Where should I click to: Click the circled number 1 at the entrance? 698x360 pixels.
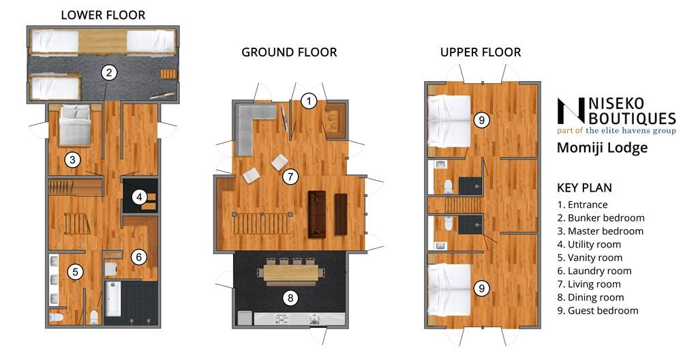pos(309,101)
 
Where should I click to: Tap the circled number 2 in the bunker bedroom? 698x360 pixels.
pos(109,73)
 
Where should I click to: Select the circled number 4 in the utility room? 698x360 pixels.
pos(140,196)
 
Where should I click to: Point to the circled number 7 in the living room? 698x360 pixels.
pos(290,177)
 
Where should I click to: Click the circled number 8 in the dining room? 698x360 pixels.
pos(290,298)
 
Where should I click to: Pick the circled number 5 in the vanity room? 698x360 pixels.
pos(75,272)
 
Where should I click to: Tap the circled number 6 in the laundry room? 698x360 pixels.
pos(139,256)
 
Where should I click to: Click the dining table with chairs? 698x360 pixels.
pos(290,272)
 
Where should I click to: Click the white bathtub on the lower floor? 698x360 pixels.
pos(111,298)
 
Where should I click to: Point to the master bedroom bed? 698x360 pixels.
pos(75,125)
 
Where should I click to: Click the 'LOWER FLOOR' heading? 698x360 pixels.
pos(104,15)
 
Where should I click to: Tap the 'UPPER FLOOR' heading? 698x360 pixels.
pos(481,52)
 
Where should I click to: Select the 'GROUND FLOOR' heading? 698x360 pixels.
pos(289,52)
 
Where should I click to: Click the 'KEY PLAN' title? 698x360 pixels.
pos(584,187)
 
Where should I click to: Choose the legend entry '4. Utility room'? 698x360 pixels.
pos(589,244)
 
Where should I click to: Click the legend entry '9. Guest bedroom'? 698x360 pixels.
pos(597,310)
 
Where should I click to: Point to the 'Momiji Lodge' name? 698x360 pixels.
pos(603,147)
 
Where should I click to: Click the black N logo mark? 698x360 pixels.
pos(571,111)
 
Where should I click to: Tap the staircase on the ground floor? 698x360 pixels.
pos(262,224)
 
